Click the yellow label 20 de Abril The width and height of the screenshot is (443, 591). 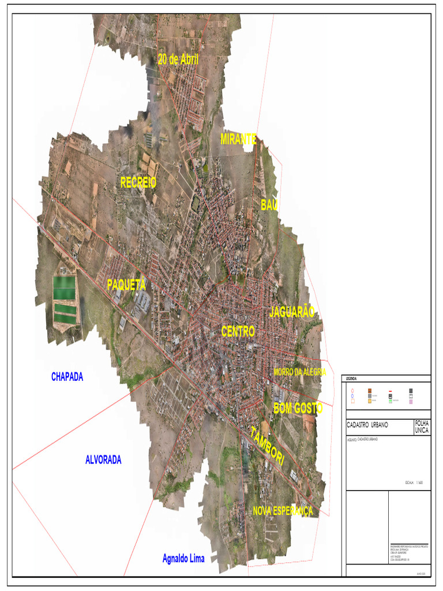pos(178,59)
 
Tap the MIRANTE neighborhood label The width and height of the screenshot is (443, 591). pos(238,139)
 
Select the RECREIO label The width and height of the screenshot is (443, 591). pos(138,182)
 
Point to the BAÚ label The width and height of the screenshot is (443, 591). pos(269,205)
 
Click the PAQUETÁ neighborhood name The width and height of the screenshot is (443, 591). pos(126,285)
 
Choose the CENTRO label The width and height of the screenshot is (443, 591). pos(238,331)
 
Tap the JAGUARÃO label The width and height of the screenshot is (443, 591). pos(292,312)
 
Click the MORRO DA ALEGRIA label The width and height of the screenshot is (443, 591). pos(300,372)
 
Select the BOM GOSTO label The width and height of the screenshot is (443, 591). pos(298,408)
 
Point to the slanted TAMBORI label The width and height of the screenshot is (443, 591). pos(267,446)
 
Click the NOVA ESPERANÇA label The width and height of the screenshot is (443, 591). pos(283,511)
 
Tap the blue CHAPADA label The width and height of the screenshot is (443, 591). pos(67,377)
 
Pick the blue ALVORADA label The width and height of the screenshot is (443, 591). pos(103,460)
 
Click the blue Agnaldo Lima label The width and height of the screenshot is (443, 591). pos(183,558)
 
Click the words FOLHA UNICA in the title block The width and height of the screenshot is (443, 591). pos(422,427)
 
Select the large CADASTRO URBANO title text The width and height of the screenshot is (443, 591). pos(367,425)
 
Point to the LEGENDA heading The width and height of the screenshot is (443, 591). pos(352,379)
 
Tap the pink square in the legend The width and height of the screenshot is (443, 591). pos(411,401)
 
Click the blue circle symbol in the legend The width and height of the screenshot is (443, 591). pos(352,396)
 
